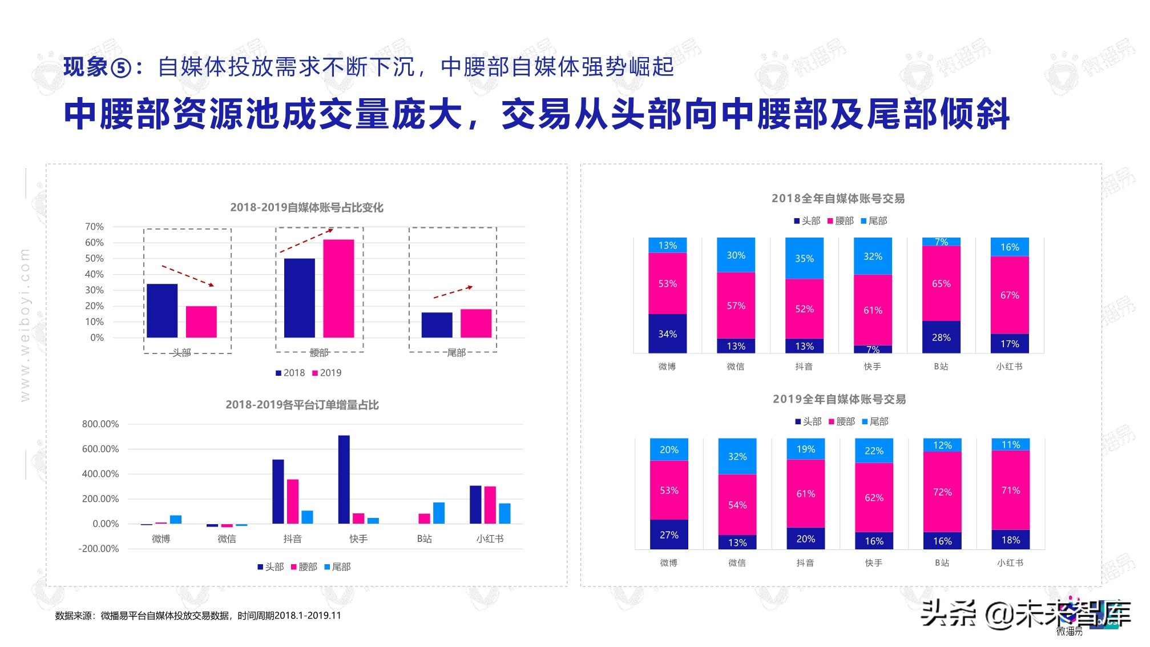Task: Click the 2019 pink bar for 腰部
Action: (x=338, y=288)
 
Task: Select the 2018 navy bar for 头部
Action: (x=162, y=311)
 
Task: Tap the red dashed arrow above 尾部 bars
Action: (x=453, y=292)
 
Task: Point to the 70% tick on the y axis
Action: (x=95, y=227)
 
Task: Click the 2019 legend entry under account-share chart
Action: (x=326, y=373)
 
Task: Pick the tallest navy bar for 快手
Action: (x=344, y=479)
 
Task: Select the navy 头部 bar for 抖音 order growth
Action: (x=278, y=491)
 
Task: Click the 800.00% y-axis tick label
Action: (x=100, y=424)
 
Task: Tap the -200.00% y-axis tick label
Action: (x=99, y=549)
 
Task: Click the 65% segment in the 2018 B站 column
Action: (x=941, y=283)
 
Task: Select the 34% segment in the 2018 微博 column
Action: (x=667, y=333)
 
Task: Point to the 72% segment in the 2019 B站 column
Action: (x=942, y=492)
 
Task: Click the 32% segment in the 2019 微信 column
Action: (x=737, y=456)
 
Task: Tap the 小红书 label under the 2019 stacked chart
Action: (x=1010, y=563)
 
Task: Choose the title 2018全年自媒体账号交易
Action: (x=838, y=198)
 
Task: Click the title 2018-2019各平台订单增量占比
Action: (x=302, y=405)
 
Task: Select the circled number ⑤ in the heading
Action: (x=121, y=68)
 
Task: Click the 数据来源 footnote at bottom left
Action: (x=197, y=616)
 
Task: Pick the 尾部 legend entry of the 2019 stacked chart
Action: (x=875, y=421)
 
